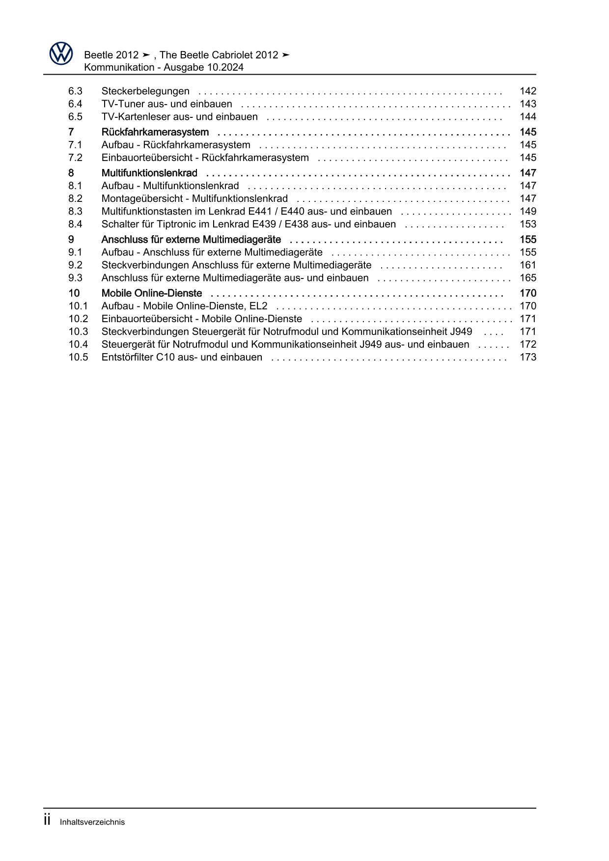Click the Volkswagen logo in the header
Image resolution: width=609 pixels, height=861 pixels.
click(61, 53)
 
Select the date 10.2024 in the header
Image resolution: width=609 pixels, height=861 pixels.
click(225, 67)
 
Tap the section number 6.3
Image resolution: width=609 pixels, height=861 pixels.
click(75, 91)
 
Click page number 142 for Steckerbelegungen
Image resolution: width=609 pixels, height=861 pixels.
click(527, 91)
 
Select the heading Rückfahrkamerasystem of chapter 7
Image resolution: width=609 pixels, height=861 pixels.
click(155, 132)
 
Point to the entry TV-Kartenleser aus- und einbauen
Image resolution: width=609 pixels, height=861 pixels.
click(179, 116)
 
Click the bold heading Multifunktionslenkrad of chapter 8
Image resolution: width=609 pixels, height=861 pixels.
click(149, 173)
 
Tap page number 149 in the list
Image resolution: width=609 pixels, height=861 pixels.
click(527, 211)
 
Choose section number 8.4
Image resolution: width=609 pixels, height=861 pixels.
click(75, 224)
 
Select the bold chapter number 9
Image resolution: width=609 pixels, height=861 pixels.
click(71, 239)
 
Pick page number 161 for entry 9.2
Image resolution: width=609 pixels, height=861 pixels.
click(527, 265)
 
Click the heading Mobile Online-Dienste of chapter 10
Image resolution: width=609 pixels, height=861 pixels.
click(152, 293)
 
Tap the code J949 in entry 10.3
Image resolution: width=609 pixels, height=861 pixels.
click(461, 332)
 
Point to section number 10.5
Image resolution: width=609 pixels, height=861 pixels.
click(78, 357)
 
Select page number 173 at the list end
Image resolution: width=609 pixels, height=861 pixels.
click(527, 357)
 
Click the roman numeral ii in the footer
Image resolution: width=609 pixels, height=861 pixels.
click(47, 820)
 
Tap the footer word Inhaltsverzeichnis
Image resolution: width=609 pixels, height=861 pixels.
click(92, 822)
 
